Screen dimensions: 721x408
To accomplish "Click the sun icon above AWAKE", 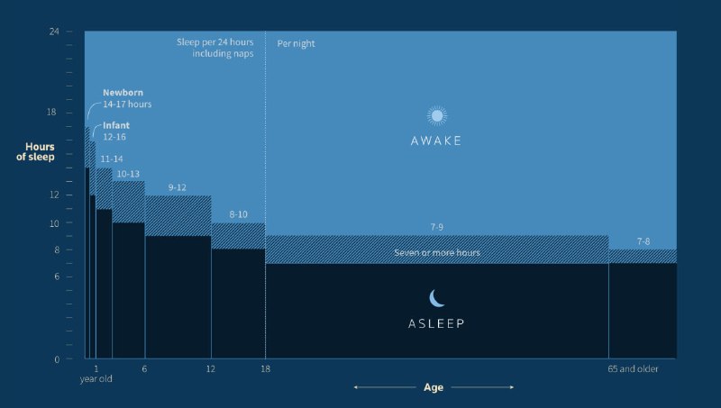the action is pyautogui.click(x=437, y=116).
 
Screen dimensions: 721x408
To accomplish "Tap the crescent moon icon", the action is pyautogui.click(x=436, y=298).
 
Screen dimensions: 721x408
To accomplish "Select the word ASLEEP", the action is pyautogui.click(x=436, y=323).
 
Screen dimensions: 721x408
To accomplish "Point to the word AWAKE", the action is pyautogui.click(x=436, y=141).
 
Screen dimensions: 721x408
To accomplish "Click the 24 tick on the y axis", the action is pyautogui.click(x=54, y=32).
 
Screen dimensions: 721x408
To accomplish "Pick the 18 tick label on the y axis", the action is pyautogui.click(x=51, y=112).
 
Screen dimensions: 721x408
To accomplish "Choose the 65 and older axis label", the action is pyautogui.click(x=633, y=369).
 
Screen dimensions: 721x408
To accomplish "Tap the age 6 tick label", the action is pyautogui.click(x=144, y=369).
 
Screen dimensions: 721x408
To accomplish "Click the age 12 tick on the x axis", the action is pyautogui.click(x=211, y=369).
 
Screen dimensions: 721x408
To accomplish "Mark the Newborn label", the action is pyautogui.click(x=123, y=93).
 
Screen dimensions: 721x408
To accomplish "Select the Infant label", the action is pyautogui.click(x=116, y=125).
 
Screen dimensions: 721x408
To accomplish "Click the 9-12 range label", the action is pyautogui.click(x=177, y=187).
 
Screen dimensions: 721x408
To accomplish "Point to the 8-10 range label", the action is pyautogui.click(x=238, y=214).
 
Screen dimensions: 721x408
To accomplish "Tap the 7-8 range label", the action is pyautogui.click(x=643, y=241).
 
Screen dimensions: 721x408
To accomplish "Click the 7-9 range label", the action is pyautogui.click(x=437, y=227).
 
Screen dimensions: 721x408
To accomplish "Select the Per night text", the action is pyautogui.click(x=296, y=43).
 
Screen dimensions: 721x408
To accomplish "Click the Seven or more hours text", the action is pyautogui.click(x=437, y=253).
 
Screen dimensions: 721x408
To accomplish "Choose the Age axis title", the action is pyautogui.click(x=434, y=387).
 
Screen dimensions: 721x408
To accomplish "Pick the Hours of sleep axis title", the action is pyautogui.click(x=35, y=151).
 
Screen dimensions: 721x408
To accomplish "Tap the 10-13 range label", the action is pyautogui.click(x=128, y=174).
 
